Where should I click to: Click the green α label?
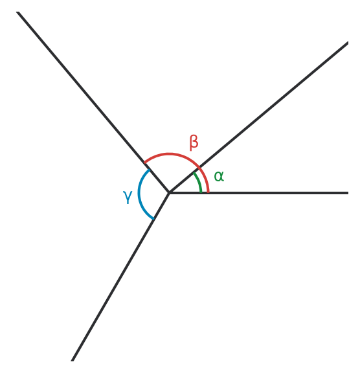click(x=219, y=177)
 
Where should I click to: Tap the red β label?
click(x=194, y=142)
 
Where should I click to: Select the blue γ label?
click(x=128, y=197)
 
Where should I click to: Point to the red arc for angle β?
click(x=169, y=154)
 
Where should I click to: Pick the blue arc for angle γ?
click(x=139, y=193)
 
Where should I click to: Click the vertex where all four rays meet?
click(x=169, y=193)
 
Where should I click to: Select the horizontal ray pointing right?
click(x=258, y=193)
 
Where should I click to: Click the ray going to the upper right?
click(x=258, y=117)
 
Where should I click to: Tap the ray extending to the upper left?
click(x=93, y=102)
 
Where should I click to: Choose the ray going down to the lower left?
click(x=120, y=277)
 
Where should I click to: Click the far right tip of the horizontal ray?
click(x=348, y=193)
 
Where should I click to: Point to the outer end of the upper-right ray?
click(x=348, y=43)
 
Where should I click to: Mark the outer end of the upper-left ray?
click(x=17, y=12)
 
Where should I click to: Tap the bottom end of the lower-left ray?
click(x=72, y=361)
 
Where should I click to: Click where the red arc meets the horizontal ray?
click(x=208, y=192)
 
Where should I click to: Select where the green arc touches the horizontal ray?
click(x=201, y=192)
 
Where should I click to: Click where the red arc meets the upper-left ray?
click(x=144, y=163)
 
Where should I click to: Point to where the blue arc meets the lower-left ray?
click(x=153, y=219)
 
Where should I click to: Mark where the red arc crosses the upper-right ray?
click(x=199, y=168)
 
